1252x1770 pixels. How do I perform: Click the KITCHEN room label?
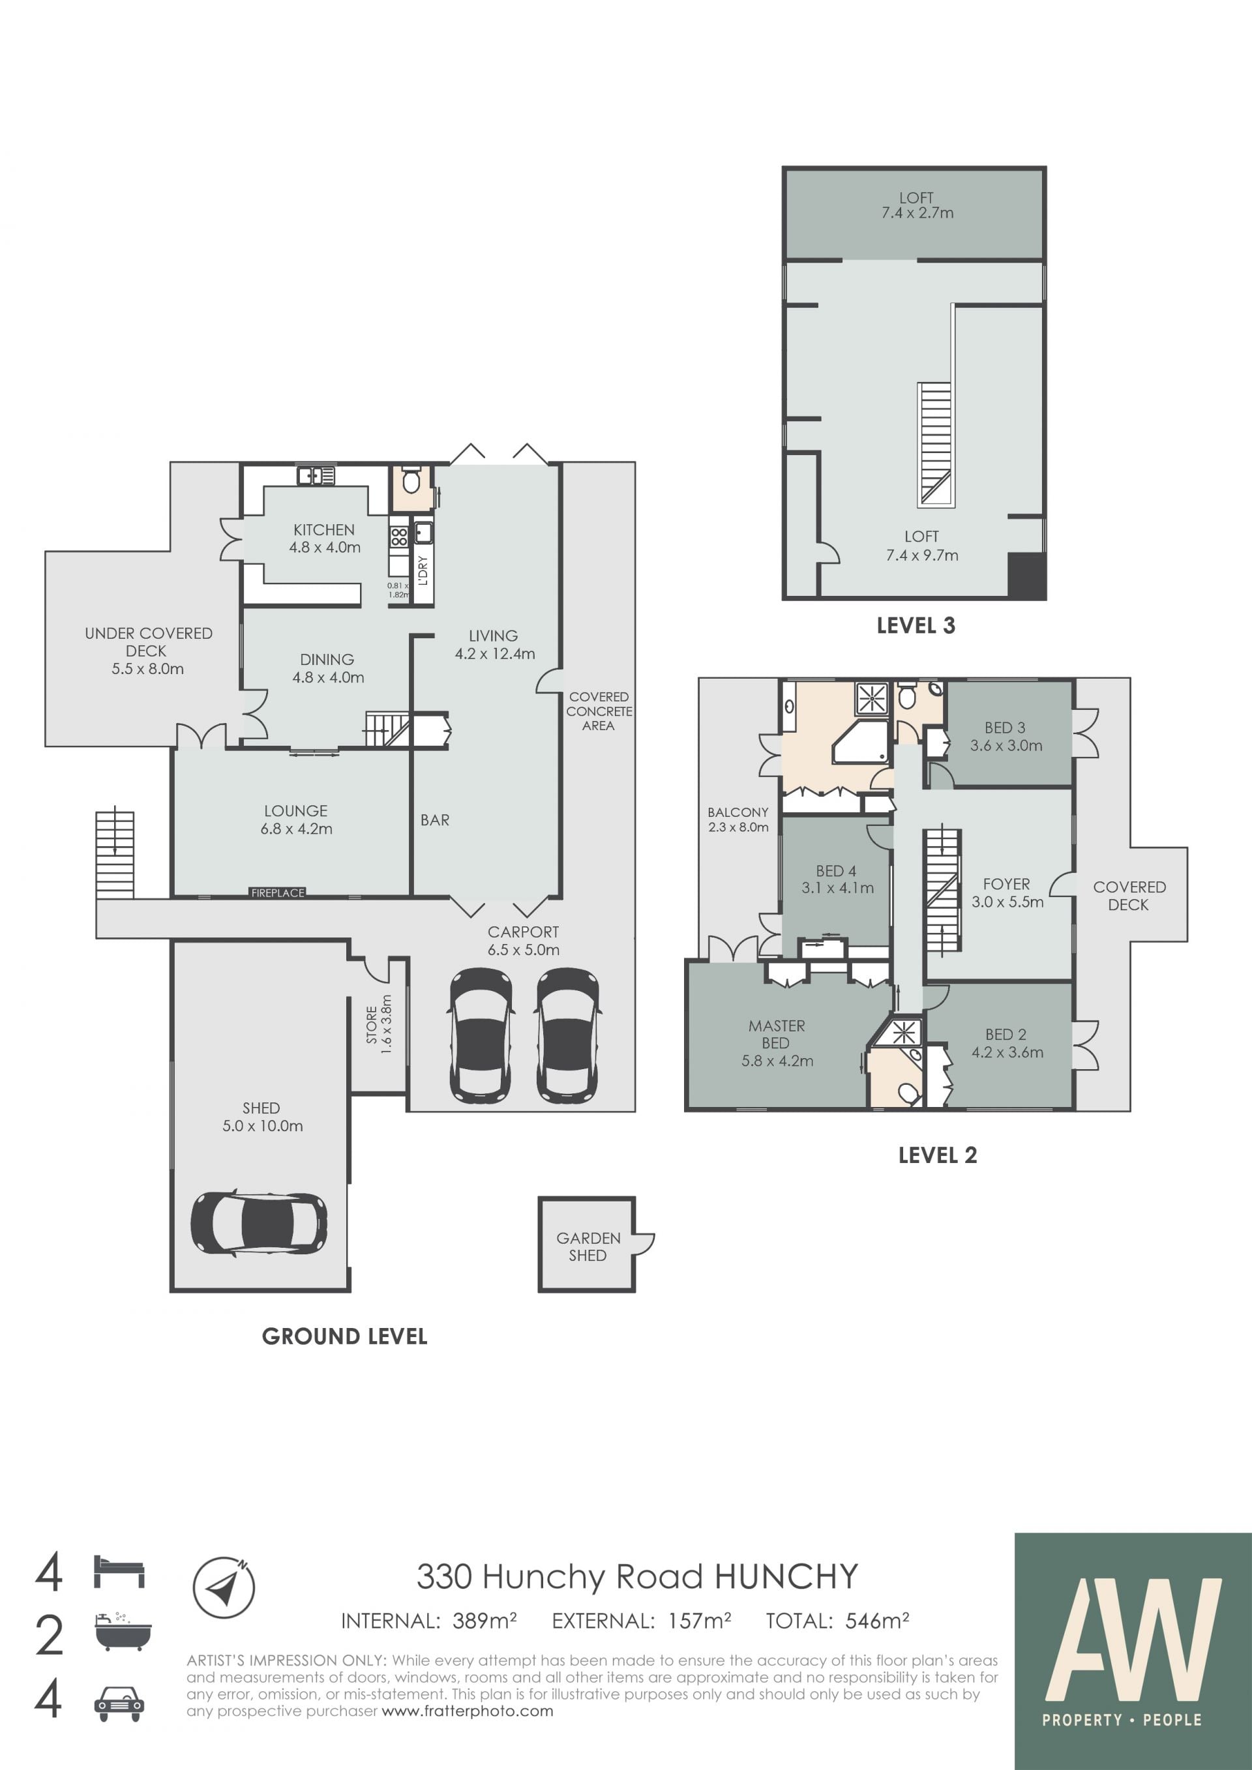(x=324, y=529)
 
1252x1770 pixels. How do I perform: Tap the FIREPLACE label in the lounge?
(x=278, y=892)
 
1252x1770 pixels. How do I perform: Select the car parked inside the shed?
(x=259, y=1224)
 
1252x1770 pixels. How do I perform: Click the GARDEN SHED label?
(x=588, y=1246)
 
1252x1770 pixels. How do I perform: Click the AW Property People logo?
(x=1133, y=1651)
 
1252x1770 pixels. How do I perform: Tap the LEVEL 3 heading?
(x=916, y=626)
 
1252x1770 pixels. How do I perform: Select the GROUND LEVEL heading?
(x=344, y=1336)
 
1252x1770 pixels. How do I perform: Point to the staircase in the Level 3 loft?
(x=935, y=445)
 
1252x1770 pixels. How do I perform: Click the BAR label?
(x=435, y=820)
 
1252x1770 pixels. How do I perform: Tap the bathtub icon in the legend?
(x=123, y=1631)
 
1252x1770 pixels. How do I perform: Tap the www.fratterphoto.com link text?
(x=467, y=1711)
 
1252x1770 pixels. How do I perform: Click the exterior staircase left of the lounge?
(x=115, y=854)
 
